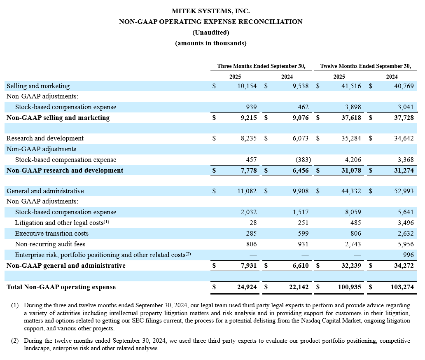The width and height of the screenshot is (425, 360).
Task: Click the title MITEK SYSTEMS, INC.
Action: (210, 11)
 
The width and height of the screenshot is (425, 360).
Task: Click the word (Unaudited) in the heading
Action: (210, 32)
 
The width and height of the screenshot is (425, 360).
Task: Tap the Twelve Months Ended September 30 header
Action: (366, 66)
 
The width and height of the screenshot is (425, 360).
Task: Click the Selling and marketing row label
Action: (38, 86)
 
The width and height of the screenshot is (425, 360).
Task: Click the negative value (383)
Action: (301, 160)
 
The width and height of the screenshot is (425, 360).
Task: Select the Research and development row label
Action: (45, 138)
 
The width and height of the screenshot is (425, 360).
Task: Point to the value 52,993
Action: (404, 191)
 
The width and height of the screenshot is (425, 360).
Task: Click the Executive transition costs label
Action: (51, 234)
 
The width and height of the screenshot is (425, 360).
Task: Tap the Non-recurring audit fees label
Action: (50, 244)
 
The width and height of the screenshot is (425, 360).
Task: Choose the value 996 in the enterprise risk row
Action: (408, 255)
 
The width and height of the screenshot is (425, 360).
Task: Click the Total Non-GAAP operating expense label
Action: (61, 287)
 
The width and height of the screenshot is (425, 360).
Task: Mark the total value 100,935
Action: (349, 287)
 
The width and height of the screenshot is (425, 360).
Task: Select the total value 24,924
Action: (247, 287)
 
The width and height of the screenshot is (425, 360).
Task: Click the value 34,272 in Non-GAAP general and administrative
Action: (404, 266)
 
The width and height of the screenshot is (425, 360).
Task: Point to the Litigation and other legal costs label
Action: (62, 223)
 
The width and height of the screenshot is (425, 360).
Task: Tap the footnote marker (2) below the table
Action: (15, 341)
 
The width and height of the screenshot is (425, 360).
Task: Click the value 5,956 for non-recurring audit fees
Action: (406, 244)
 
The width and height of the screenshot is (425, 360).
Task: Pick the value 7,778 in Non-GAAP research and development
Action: (249, 171)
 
